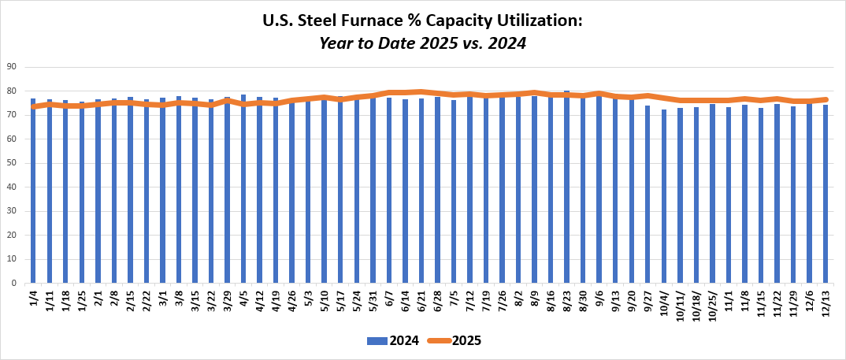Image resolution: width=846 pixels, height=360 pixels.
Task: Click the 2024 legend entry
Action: tap(391, 340)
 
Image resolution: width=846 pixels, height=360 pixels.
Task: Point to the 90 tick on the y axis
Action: tap(12, 67)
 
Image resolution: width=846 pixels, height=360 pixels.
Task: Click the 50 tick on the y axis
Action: tap(12, 163)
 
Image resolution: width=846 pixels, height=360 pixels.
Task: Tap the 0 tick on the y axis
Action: tap(14, 283)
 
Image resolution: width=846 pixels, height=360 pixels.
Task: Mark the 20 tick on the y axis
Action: tap(12, 235)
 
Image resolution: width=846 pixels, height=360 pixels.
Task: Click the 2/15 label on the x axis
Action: tap(131, 302)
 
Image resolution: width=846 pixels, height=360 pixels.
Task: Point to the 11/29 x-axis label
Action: tap(794, 304)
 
